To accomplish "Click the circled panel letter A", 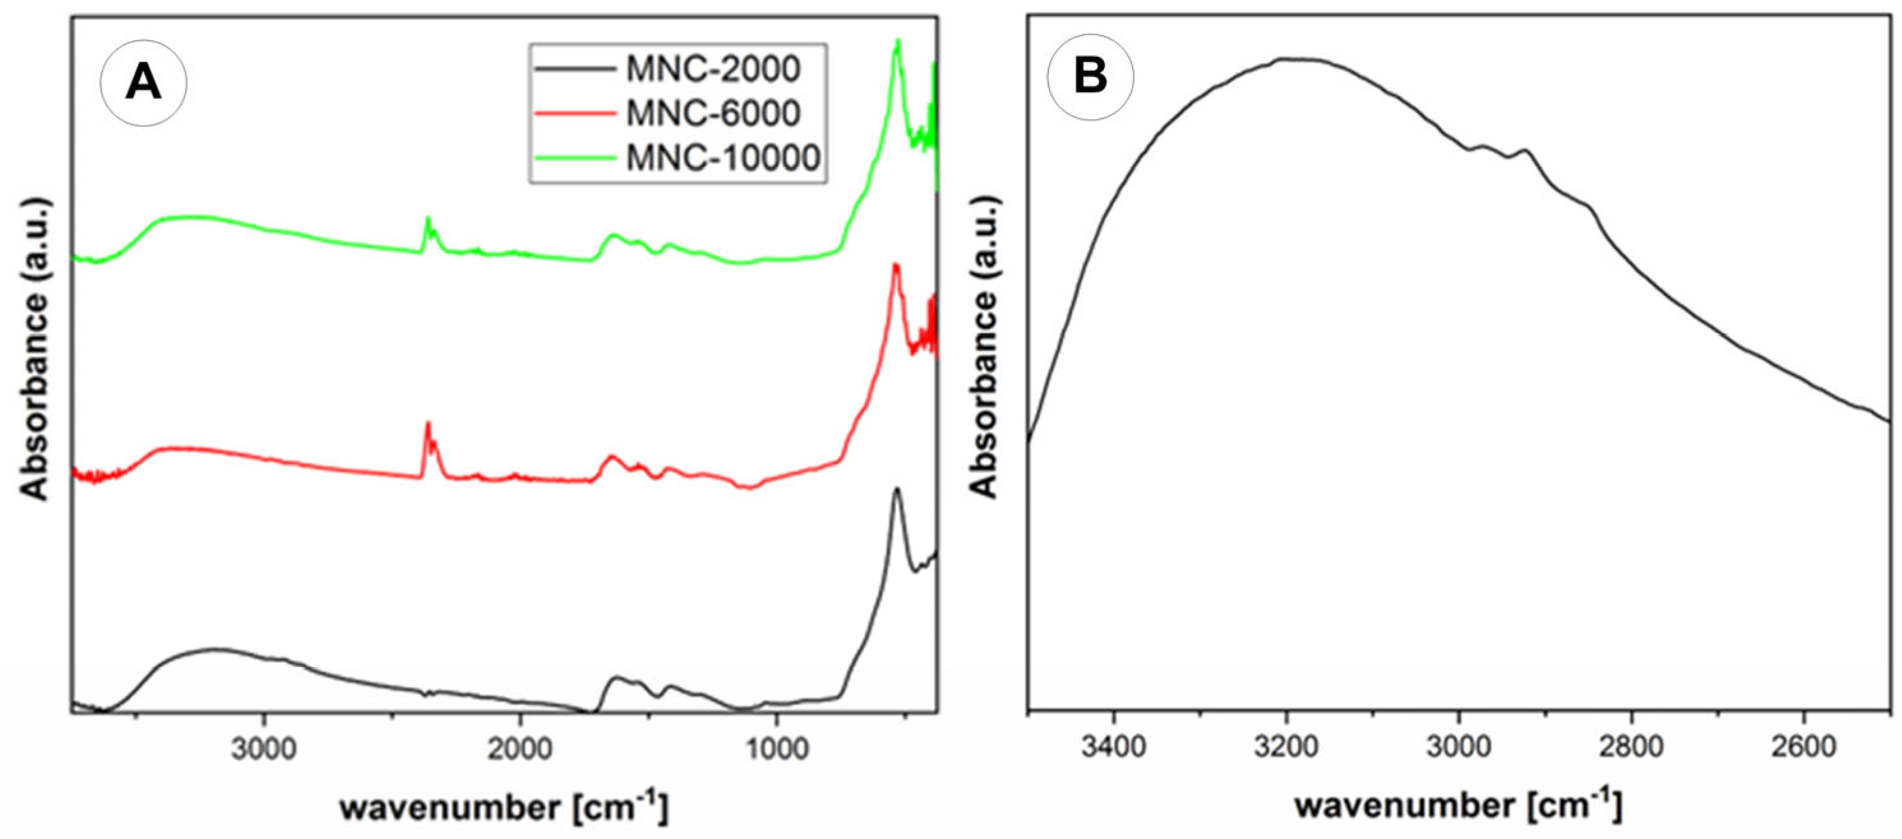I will tap(143, 83).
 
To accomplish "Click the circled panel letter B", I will tap(1091, 77).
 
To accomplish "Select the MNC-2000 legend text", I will tap(713, 70).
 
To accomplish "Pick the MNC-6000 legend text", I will tap(713, 113).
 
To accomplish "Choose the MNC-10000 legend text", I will tap(723, 157).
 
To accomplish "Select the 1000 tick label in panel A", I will tap(775, 750).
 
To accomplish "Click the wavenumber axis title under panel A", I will tap(504, 807).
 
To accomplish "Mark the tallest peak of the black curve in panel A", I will tap(897, 489).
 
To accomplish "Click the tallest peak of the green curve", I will tap(898, 41).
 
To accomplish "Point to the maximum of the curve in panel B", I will tap(1288, 58).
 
